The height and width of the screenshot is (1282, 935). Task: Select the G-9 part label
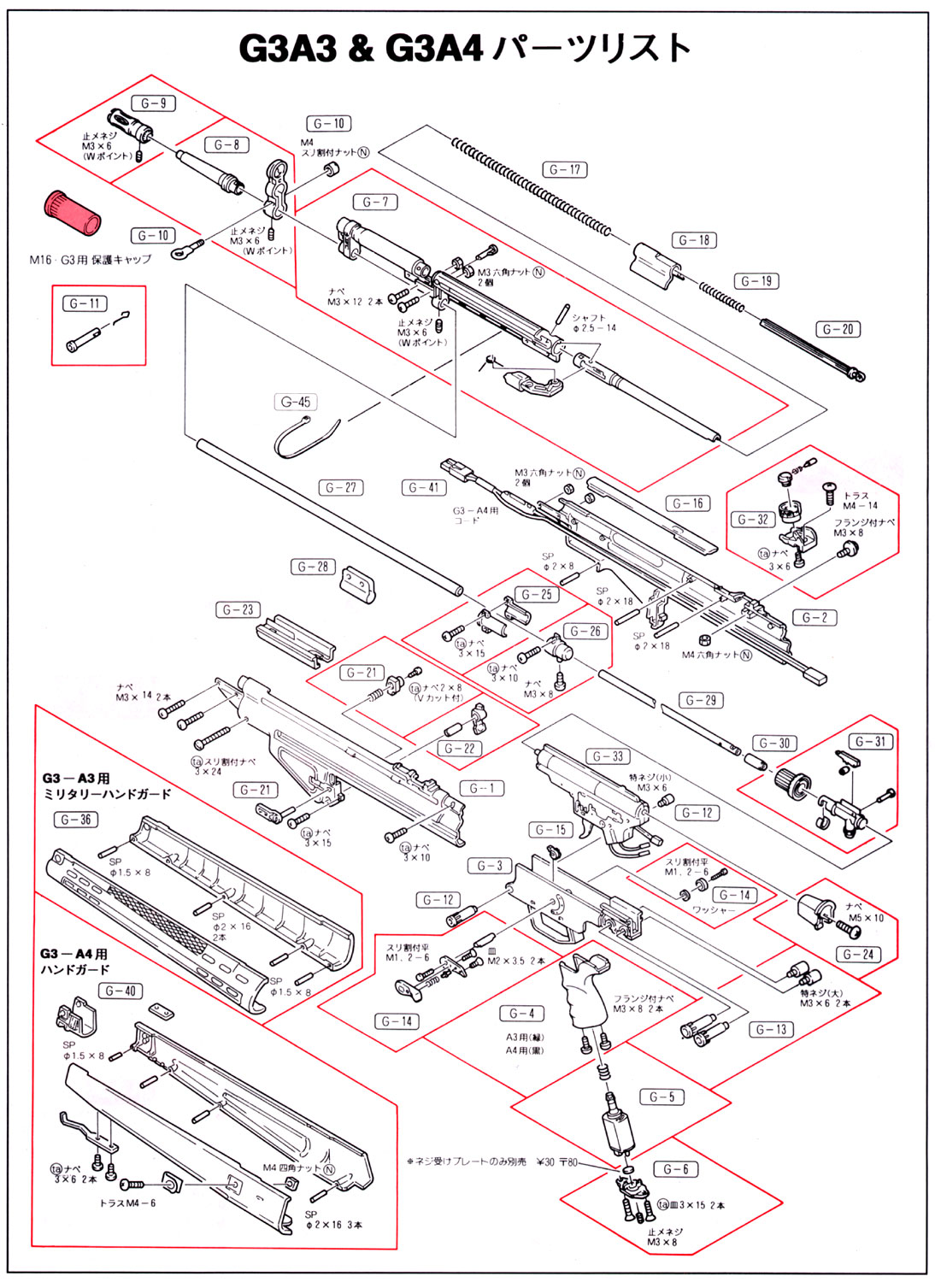[154, 103]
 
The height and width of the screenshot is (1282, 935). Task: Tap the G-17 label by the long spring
[564, 169]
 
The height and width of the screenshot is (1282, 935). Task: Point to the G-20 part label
[838, 329]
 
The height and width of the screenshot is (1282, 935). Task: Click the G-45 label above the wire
[296, 402]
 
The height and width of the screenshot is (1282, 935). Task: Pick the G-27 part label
[340, 487]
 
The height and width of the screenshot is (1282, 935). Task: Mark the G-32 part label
[753, 519]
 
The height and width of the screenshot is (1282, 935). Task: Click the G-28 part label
[313, 566]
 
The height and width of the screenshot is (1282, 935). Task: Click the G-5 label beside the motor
[662, 1097]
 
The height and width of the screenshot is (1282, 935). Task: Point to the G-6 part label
[675, 1168]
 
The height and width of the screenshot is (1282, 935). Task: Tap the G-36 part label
[76, 819]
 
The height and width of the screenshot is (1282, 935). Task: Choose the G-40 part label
[121, 991]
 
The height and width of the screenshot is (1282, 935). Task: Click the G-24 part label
[858, 954]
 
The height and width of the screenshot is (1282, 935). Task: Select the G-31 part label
[871, 741]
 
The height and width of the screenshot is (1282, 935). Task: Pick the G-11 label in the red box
[85, 303]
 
